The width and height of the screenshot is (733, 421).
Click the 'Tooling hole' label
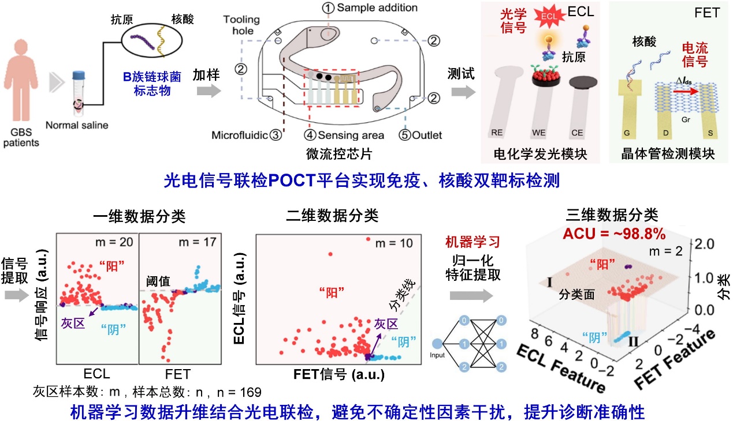click(x=241, y=25)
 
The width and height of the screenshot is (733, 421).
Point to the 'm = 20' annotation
click(x=118, y=242)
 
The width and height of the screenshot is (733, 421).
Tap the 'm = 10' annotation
click(x=394, y=243)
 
